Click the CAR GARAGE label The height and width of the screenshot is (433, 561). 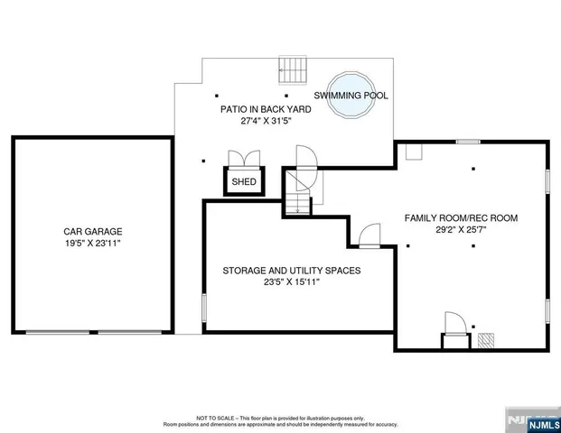tap(92, 231)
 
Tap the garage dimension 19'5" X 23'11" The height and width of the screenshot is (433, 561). tap(92, 244)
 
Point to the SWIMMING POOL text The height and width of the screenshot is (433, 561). tap(351, 95)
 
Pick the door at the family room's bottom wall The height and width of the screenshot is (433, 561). tap(453, 326)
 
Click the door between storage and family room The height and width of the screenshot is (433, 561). tap(369, 237)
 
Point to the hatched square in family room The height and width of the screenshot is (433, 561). tap(486, 341)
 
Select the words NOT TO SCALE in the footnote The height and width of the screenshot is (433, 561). tap(216, 418)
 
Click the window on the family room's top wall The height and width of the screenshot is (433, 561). tap(468, 142)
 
